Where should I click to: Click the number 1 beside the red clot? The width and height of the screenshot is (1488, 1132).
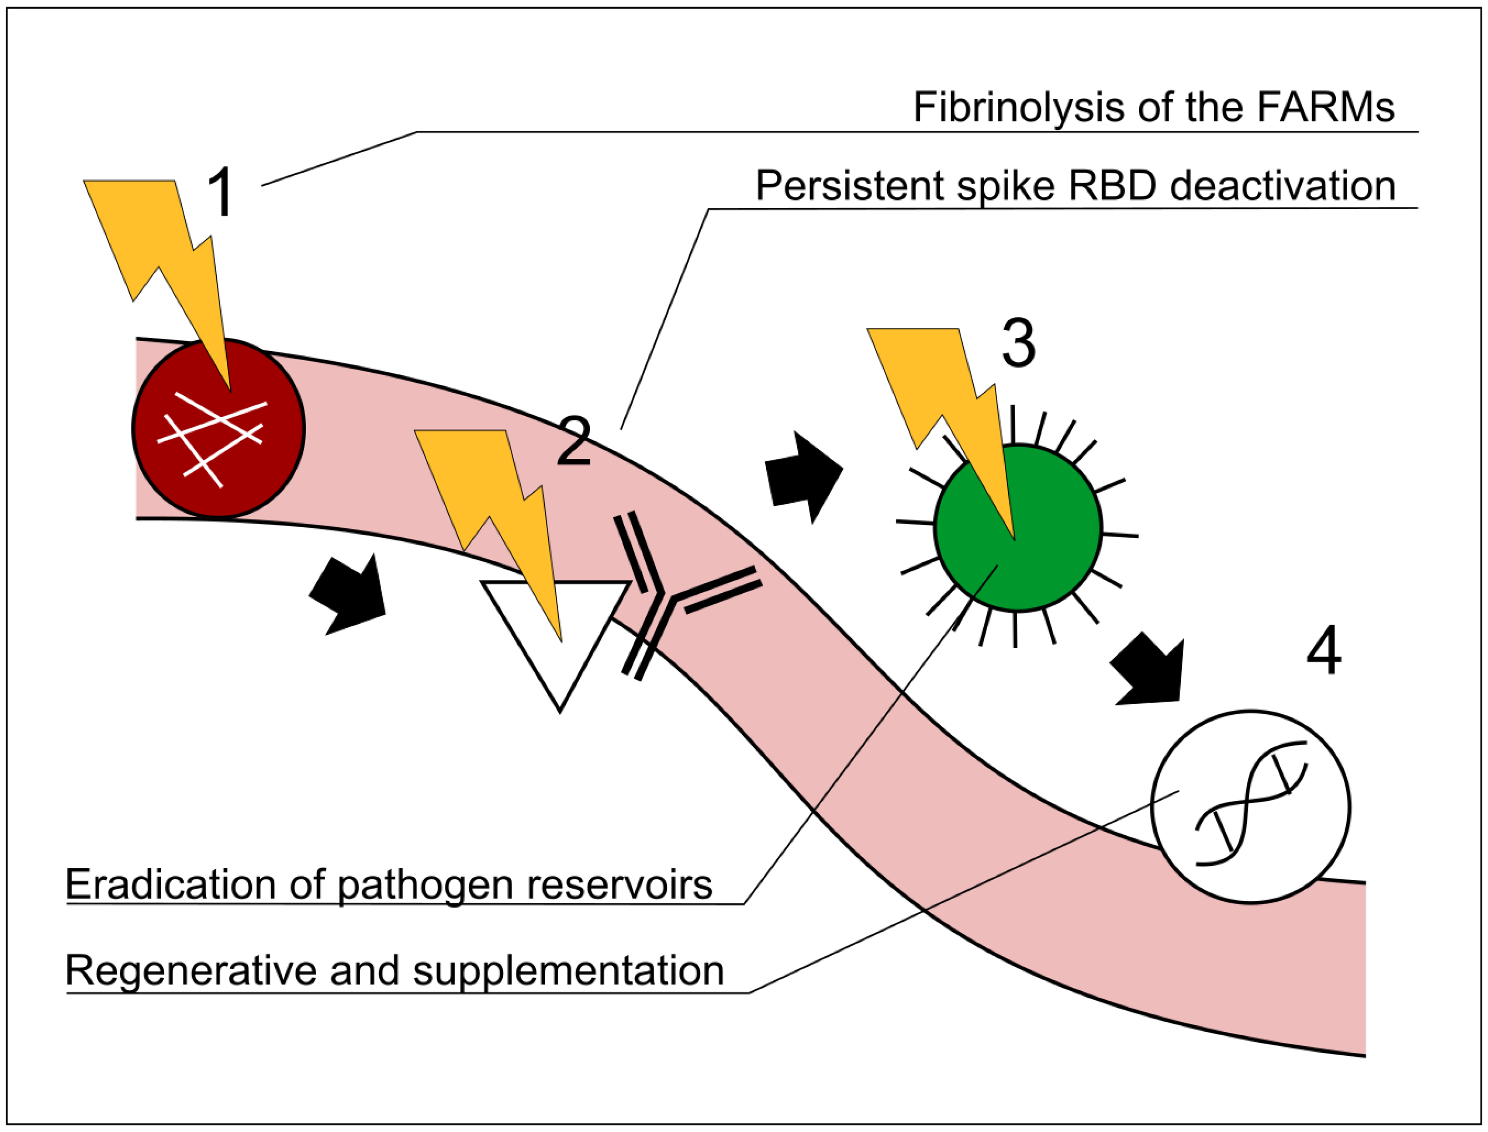pos(220,192)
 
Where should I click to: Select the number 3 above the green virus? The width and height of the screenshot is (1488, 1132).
pos(1018,343)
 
